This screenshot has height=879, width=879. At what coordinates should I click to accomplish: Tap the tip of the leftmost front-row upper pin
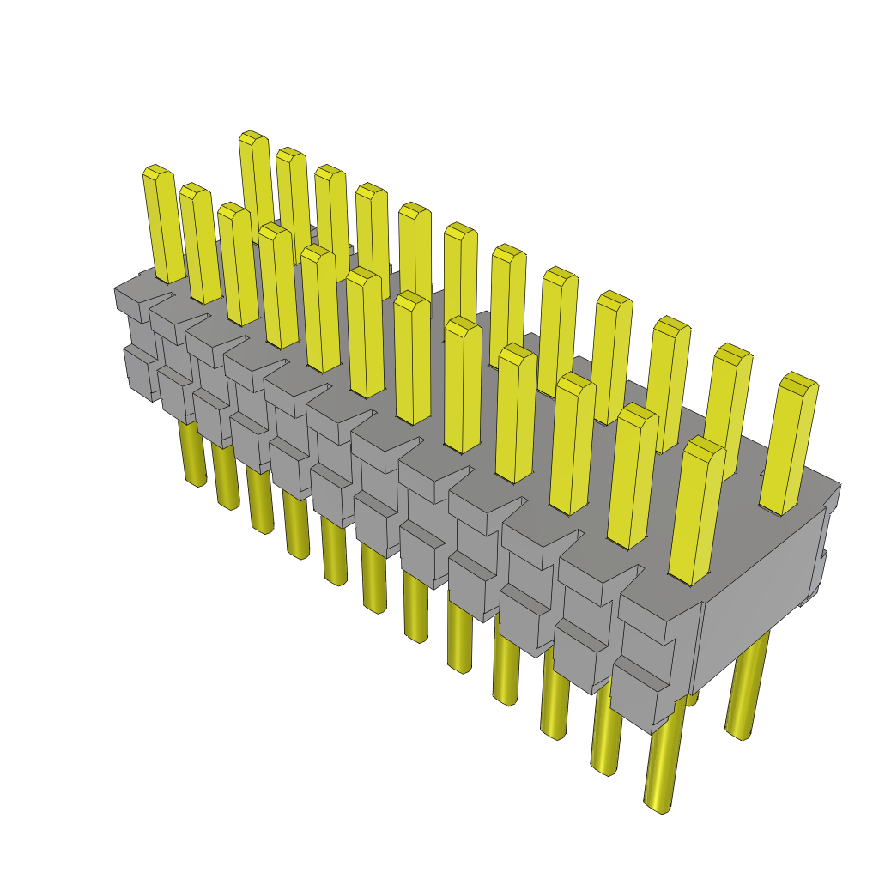pos(155,172)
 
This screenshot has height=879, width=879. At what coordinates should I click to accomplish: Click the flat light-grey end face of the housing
pos(755,601)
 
